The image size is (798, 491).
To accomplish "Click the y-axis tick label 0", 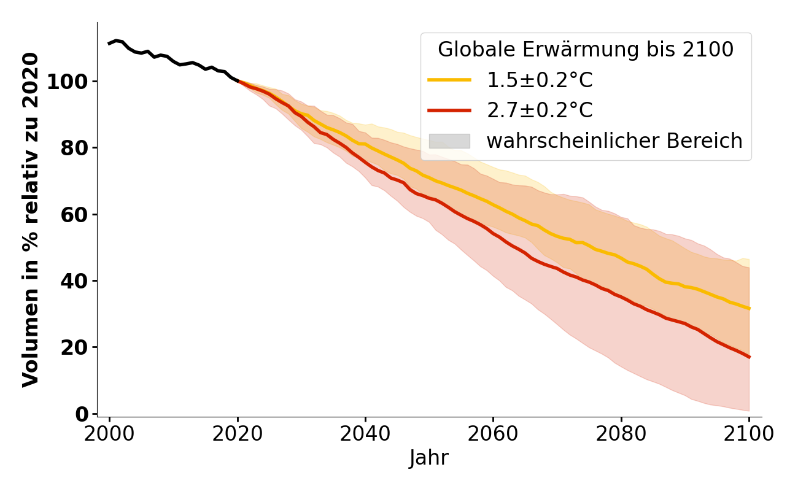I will pos(82,414).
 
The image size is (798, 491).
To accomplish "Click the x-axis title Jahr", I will pos(429,458).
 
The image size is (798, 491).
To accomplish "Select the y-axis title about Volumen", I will pos(31,219).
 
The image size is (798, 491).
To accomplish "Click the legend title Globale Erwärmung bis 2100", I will pos(586,50).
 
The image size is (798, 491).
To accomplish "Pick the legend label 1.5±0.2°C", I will pos(540,80).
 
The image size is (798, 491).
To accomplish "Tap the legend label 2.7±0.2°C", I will pos(540,110).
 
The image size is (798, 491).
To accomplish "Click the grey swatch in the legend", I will pos(449,141).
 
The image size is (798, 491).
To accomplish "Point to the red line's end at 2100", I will pos(749,357).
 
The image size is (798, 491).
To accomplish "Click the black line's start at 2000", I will pos(109,44).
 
